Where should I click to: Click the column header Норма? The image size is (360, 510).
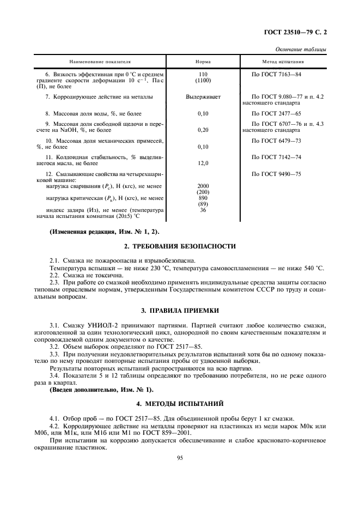coord(203,62)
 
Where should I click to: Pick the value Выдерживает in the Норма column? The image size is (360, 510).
coord(203,96)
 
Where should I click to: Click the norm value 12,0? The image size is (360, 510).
coord(203,162)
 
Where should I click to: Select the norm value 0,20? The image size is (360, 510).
coord(203,130)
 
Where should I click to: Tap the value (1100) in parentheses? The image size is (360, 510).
coord(203,80)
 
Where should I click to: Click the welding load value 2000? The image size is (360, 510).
coord(203,186)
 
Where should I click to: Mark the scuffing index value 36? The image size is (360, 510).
coord(203,210)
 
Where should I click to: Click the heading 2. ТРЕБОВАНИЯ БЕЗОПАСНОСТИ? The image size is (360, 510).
coord(181,246)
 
